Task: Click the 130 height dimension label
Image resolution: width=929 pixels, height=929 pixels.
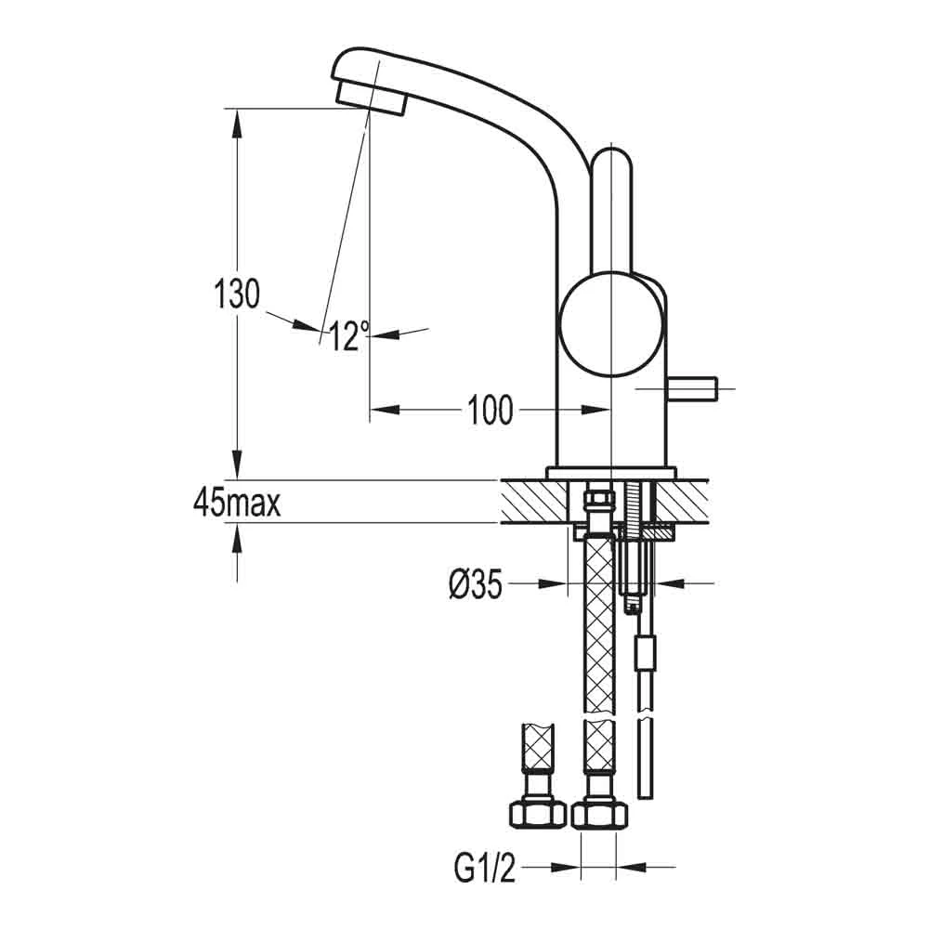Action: pos(236,294)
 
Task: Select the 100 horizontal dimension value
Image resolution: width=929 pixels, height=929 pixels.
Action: pos(490,410)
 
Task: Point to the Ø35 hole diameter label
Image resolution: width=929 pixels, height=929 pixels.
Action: pos(475,584)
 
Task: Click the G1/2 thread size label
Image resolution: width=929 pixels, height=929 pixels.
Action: pos(484,869)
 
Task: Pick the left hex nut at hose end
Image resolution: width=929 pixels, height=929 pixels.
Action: pos(537,815)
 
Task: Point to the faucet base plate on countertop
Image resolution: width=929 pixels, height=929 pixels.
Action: pos(610,473)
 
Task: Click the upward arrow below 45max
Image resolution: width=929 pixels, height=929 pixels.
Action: pos(238,537)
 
